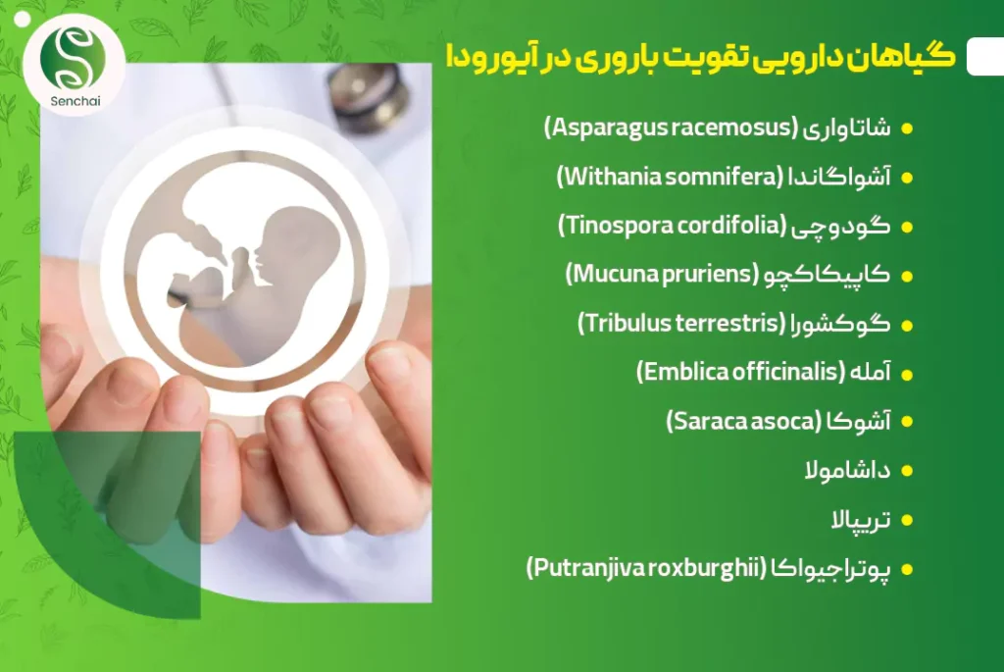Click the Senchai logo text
tap(75, 101)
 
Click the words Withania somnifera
tap(670, 177)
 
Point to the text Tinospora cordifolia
tap(673, 226)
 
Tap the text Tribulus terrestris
tap(681, 323)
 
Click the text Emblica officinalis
tap(741, 372)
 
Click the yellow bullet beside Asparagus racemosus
tap(907, 129)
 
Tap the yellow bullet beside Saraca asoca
tap(907, 422)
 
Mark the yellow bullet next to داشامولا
tap(907, 472)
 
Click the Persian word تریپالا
tap(861, 520)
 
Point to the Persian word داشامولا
tap(847, 471)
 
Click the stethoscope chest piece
tap(369, 93)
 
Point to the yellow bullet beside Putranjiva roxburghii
tap(907, 570)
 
